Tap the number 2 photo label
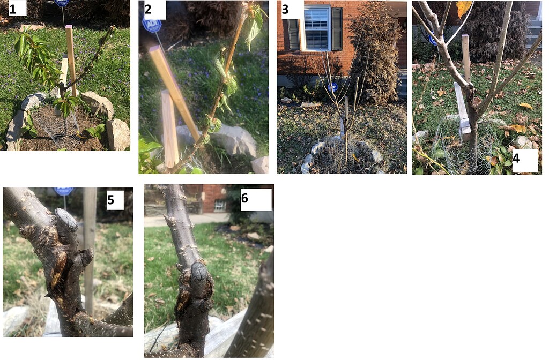click(148, 10)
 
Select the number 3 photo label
click(285, 10)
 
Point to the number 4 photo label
click(516, 159)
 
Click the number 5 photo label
click(110, 200)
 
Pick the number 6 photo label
click(244, 198)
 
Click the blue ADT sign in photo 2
click(152, 25)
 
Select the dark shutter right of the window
click(337, 29)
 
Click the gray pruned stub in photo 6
click(198, 276)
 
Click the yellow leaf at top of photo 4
click(464, 9)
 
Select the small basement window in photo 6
click(220, 205)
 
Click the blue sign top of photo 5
click(64, 191)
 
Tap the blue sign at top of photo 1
click(62, 4)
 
